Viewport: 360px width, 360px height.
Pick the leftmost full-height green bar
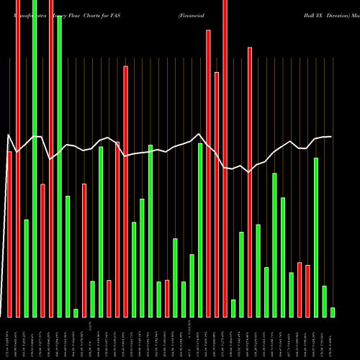(x=34, y=158)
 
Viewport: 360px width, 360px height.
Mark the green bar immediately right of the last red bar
(x=316, y=237)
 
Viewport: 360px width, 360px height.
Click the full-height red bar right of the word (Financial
(x=224, y=158)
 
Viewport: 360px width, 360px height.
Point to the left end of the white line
(x=7, y=135)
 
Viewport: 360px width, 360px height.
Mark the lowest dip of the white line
(x=249, y=171)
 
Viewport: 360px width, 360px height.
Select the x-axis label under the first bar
(x=9, y=338)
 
